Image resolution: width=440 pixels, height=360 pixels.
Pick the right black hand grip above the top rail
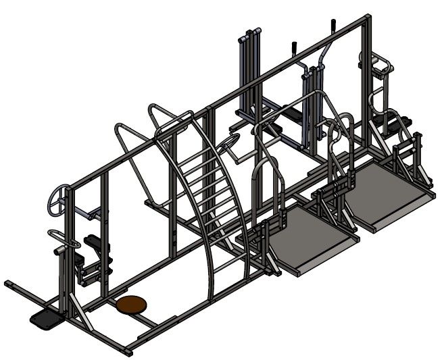pyautogui.click(x=333, y=26)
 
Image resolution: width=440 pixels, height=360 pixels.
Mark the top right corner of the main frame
pyautogui.click(x=367, y=16)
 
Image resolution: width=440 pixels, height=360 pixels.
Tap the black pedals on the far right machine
pyautogui.click(x=399, y=124)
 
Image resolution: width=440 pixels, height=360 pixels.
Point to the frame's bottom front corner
pyautogui.click(x=129, y=352)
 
